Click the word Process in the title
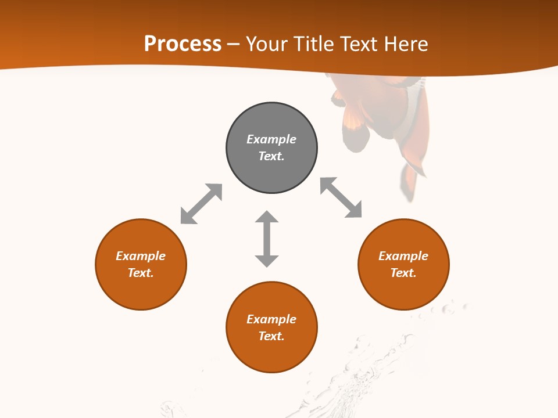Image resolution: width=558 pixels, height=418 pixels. pyautogui.click(x=183, y=44)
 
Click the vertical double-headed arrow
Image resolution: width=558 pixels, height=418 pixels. pyautogui.click(x=267, y=239)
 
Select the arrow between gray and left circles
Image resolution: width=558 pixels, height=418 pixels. pyautogui.click(x=201, y=204)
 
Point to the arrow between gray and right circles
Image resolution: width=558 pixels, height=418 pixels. pyautogui.click(x=341, y=197)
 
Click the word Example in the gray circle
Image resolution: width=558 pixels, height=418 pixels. pyautogui.click(x=271, y=139)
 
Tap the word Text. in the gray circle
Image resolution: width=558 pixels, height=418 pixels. pyautogui.click(x=271, y=156)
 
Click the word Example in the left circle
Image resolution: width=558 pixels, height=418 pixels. pyautogui.click(x=141, y=256)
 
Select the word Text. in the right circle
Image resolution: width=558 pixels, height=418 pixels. pyautogui.click(x=403, y=273)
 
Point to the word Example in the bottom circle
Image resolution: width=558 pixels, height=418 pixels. pyautogui.click(x=271, y=319)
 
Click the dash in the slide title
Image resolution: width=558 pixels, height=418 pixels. pyautogui.click(x=233, y=44)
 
